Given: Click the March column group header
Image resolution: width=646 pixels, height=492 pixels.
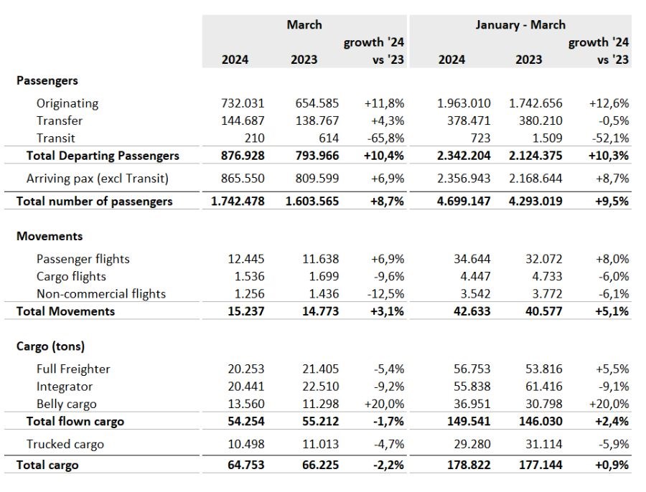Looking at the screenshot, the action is [x=304, y=24].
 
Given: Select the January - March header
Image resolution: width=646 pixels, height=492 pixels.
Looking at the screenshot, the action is [x=520, y=24].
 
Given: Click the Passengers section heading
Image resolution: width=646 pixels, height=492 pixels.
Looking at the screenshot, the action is [x=47, y=81].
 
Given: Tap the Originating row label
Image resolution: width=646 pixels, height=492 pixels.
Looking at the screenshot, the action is [x=67, y=103].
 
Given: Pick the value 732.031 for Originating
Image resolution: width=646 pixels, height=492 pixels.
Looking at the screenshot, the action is [x=243, y=103].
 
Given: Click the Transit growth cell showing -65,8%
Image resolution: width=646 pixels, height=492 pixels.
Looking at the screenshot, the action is [x=385, y=138].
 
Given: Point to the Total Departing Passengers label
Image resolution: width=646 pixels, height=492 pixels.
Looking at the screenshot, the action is [x=103, y=156].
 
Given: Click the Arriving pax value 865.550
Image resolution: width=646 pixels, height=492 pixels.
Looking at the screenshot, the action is [x=243, y=179].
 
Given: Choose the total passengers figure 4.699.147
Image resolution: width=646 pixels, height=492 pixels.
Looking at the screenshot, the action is [x=464, y=202].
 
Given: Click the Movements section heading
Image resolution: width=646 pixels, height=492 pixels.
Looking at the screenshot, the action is [x=50, y=237].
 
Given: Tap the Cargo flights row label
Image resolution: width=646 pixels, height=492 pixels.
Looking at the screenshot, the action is [x=71, y=276].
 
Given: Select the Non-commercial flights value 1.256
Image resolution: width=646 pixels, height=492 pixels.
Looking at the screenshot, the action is [x=249, y=293].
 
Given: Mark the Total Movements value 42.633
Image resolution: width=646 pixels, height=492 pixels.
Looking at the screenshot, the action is [x=472, y=311].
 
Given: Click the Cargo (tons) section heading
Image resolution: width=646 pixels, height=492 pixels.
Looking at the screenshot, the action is [x=50, y=346].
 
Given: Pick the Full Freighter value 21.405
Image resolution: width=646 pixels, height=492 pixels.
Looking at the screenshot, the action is [x=321, y=369].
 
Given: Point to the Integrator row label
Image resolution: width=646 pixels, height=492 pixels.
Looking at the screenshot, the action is [x=65, y=387].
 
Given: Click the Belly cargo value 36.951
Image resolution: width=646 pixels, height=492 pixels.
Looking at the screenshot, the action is [x=472, y=404].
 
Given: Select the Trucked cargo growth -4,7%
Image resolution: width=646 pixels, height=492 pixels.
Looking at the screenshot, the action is [x=389, y=444].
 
